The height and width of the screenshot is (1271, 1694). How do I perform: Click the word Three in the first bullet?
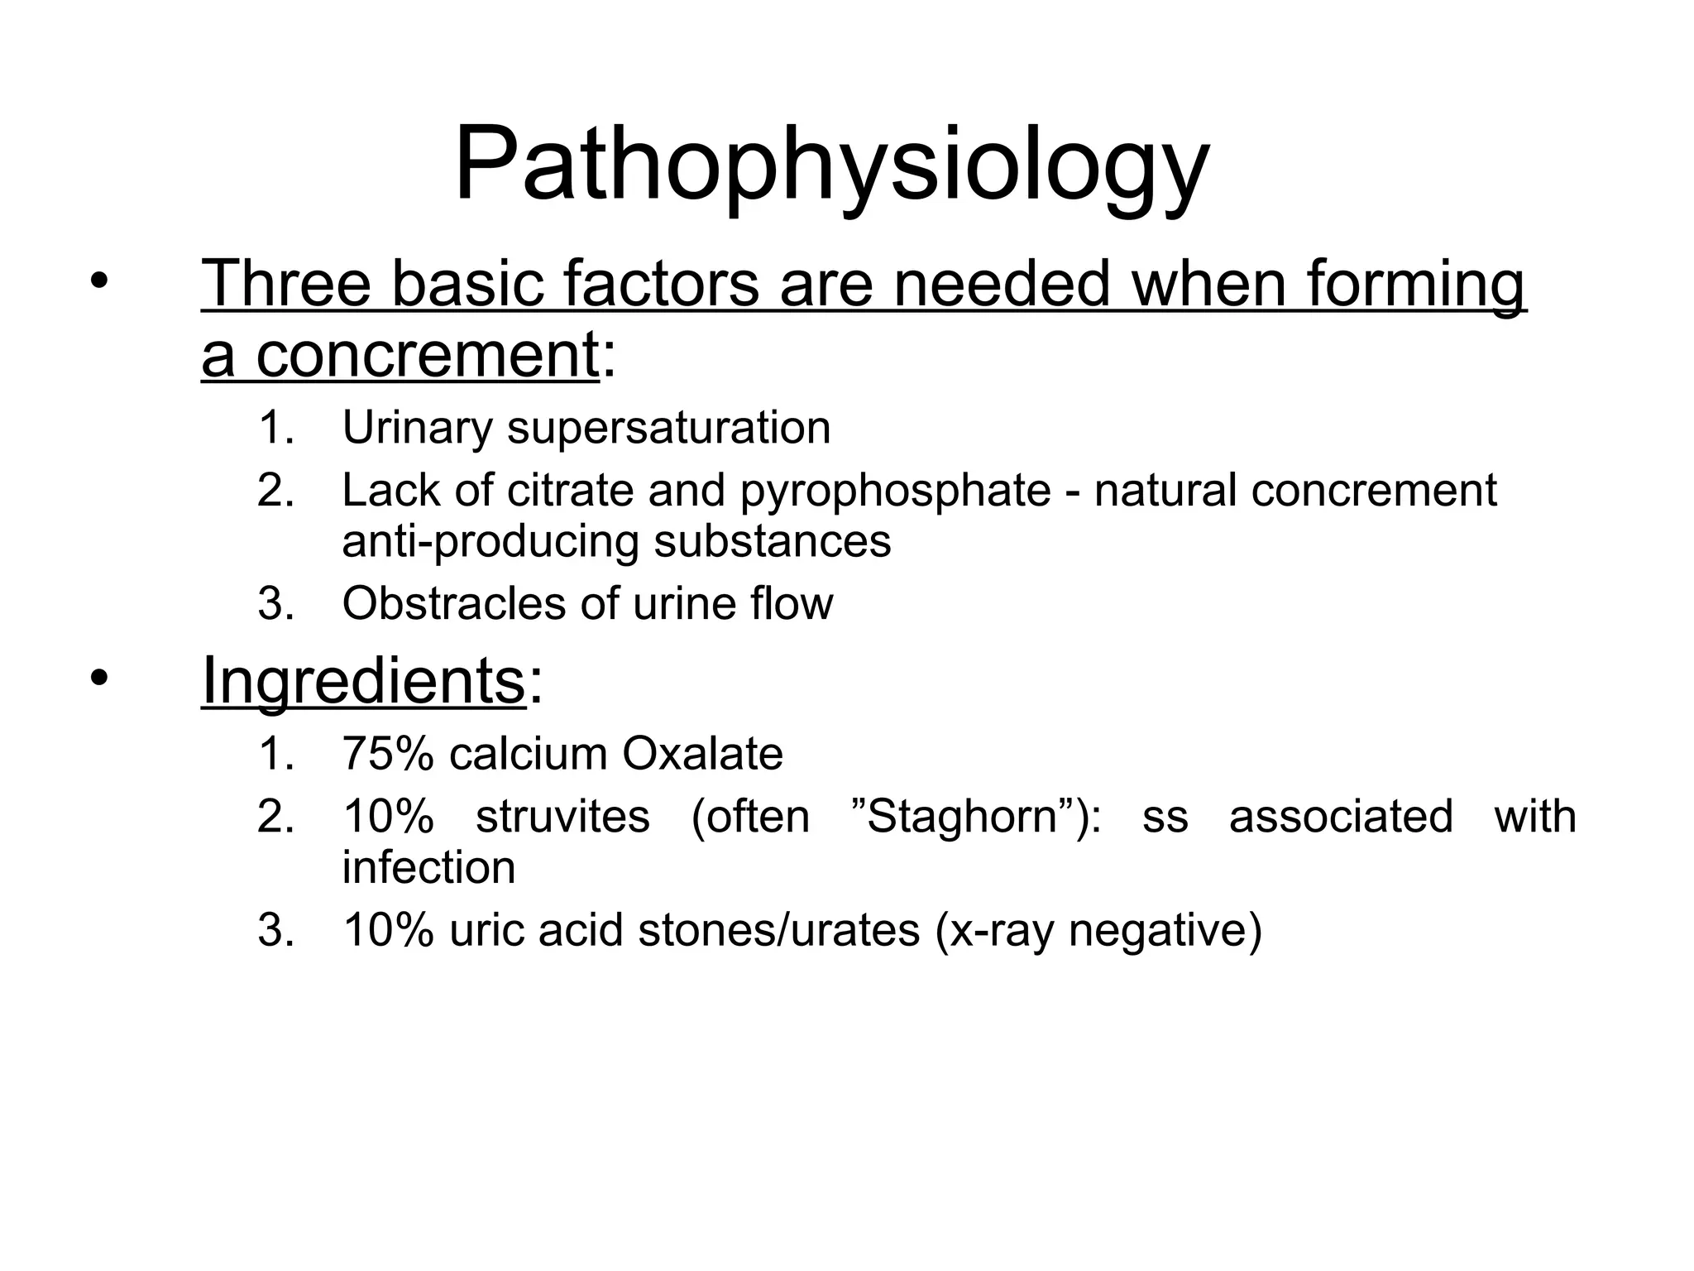pos(286,284)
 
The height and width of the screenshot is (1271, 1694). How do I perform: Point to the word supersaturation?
pos(668,429)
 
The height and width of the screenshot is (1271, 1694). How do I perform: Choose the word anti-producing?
pos(490,542)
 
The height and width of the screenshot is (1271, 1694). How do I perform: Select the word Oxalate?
pos(702,754)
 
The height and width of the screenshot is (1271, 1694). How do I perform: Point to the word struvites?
pos(562,817)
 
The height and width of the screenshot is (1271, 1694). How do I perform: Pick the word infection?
pos(428,867)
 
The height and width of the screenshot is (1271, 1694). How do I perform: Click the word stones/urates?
pos(779,929)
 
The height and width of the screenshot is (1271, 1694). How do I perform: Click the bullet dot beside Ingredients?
pos(99,680)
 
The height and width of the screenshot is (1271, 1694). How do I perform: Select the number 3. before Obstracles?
pos(275,603)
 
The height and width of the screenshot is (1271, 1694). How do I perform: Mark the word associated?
pos(1341,817)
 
